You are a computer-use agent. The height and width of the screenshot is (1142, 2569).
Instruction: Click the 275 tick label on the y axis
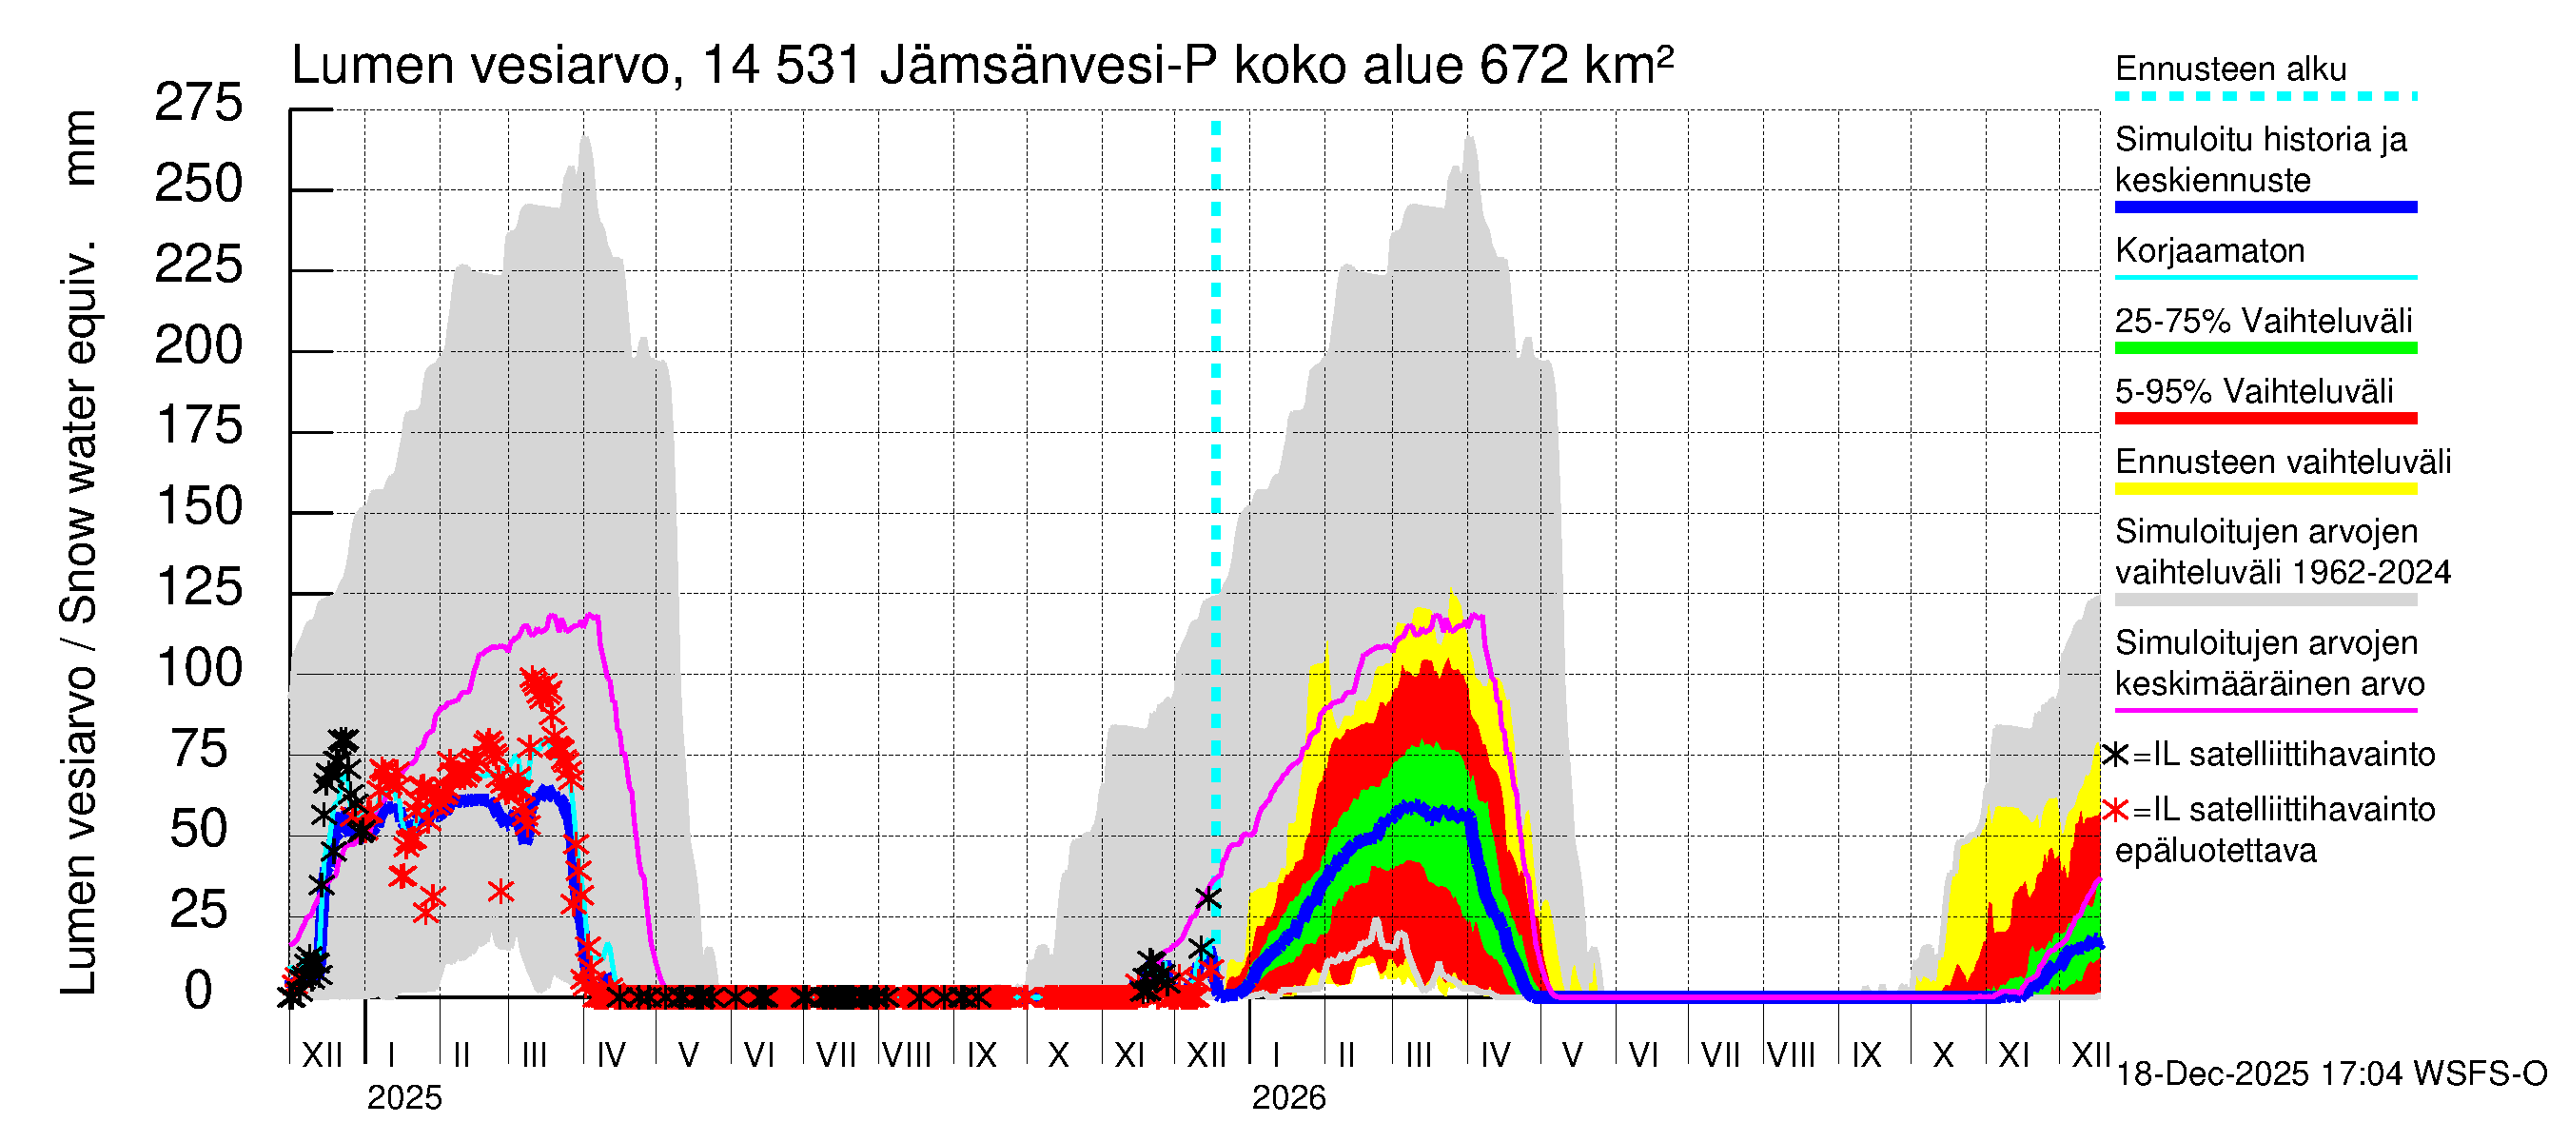coord(199,103)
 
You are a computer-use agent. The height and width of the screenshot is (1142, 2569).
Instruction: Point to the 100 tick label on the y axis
coord(199,667)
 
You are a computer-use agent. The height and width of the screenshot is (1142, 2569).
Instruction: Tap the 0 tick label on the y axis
coord(199,991)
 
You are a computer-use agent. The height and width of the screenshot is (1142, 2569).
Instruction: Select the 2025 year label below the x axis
coord(403,1098)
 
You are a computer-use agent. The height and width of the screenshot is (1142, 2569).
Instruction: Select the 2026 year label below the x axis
coord(1288,1098)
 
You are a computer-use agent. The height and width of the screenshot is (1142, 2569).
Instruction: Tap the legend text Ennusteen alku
coord(2230,69)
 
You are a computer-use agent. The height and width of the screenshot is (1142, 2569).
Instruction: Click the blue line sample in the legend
coord(2265,207)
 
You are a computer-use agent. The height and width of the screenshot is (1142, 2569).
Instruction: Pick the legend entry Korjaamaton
coord(2209,250)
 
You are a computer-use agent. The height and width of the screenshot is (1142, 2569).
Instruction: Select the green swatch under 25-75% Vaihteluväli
coord(2265,348)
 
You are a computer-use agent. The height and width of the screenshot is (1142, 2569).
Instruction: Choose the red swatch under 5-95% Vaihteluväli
coord(2265,419)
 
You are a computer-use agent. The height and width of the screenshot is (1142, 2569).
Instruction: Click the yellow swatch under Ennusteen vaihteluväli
coord(2265,489)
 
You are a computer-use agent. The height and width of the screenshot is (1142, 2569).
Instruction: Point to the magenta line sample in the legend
coord(2265,711)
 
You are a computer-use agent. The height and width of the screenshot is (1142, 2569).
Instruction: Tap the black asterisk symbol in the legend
coord(2115,755)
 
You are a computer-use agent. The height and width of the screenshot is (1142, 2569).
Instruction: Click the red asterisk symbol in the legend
coord(2115,810)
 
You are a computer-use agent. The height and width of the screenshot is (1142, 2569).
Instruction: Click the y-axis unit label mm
coord(80,148)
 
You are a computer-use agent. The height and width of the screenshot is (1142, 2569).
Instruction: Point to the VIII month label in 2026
coord(1791,1055)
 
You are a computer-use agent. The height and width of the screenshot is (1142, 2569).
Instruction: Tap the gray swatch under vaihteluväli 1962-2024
coord(2265,601)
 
